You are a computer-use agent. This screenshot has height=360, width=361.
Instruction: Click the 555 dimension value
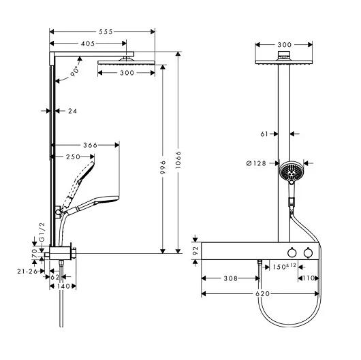pos(106,32)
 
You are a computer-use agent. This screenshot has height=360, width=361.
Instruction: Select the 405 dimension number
pos(88,44)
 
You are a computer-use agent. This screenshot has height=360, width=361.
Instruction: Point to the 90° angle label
pos(76,71)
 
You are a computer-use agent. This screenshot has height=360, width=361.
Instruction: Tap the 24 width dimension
pos(72,111)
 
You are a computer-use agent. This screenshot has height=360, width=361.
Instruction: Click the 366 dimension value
pos(90,145)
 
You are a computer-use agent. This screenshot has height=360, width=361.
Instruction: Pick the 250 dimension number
pos(73,157)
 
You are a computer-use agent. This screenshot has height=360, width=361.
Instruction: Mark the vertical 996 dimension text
pos(163,167)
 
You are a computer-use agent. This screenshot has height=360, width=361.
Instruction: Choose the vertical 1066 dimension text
pos(178,160)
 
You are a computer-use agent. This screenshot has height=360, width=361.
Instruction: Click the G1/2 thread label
pos(42,232)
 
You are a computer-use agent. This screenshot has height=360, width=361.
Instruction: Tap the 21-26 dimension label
pos(27,272)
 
